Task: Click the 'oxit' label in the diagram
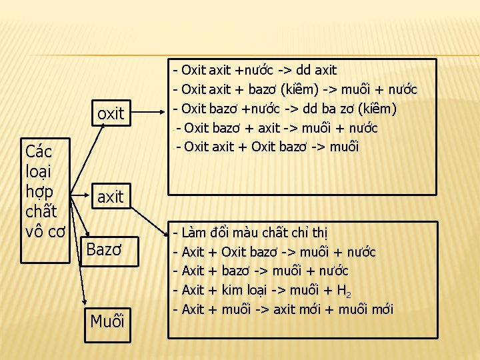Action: click(111, 114)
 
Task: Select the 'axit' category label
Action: click(110, 197)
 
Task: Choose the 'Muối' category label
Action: click(107, 321)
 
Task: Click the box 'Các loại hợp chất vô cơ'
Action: click(44, 191)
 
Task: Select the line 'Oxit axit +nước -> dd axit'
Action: click(255, 70)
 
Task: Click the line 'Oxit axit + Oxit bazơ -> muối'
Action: click(267, 147)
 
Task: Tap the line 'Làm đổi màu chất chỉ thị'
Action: click(250, 233)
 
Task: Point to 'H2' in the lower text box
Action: click(343, 291)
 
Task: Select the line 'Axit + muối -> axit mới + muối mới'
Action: click(283, 309)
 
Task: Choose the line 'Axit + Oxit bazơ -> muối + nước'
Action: click(274, 252)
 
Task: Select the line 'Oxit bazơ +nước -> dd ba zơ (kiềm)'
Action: click(285, 109)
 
